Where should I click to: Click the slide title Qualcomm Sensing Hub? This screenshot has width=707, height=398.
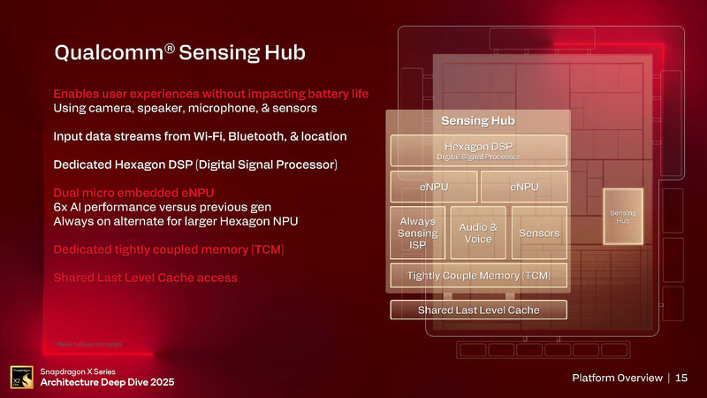179,53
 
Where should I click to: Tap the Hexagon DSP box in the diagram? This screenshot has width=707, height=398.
478,149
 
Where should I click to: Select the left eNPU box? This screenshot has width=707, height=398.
433,187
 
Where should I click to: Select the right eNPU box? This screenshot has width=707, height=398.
523,187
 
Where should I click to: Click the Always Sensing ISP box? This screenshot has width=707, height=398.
417,233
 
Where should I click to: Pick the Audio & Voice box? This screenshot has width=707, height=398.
478,233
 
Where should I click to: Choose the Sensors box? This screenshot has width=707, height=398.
539,233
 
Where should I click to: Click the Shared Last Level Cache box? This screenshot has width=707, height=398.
478,310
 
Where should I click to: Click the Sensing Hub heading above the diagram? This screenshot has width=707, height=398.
478,120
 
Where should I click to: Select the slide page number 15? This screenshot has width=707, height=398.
681,379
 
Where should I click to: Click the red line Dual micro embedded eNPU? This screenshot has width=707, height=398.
133,192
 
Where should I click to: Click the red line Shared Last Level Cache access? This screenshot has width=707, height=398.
145,278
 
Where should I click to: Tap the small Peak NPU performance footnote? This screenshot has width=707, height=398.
87,343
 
